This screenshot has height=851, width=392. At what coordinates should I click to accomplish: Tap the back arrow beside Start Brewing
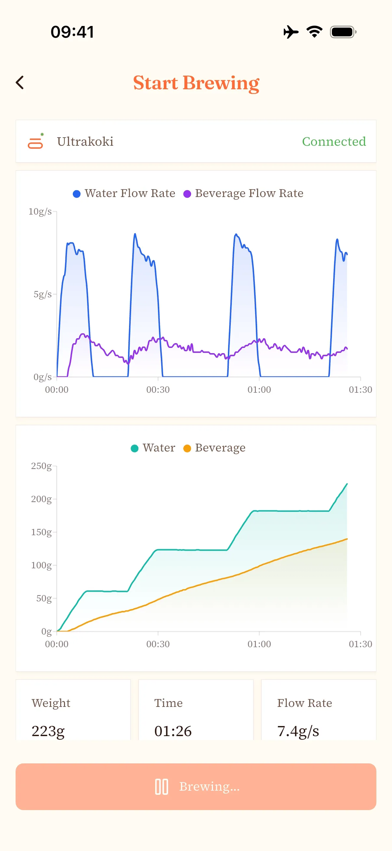20,82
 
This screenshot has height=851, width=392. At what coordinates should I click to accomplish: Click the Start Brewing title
196,83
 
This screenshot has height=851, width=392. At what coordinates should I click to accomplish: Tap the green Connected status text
334,142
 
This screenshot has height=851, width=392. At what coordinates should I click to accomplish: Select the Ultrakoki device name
85,142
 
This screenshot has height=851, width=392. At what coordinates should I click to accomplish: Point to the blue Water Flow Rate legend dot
76,194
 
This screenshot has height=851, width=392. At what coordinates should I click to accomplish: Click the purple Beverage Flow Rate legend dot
187,194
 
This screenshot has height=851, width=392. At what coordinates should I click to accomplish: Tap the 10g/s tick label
40,211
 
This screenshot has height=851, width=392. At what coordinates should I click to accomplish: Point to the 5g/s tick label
42,294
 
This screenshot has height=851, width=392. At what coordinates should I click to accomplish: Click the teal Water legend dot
134,448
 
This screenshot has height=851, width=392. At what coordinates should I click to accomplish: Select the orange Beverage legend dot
187,448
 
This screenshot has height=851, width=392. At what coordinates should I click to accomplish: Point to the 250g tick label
41,466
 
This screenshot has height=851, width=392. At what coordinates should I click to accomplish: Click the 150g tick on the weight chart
41,532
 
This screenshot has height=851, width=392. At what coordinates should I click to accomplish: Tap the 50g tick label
44,598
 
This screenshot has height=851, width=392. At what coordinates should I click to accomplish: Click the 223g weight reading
48,731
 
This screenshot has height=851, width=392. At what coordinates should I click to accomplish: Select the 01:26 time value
173,731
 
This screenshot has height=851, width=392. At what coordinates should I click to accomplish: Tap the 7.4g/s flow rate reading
298,731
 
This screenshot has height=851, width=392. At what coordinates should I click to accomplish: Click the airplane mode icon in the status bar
291,32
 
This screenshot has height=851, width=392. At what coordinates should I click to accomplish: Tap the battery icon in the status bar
343,32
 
